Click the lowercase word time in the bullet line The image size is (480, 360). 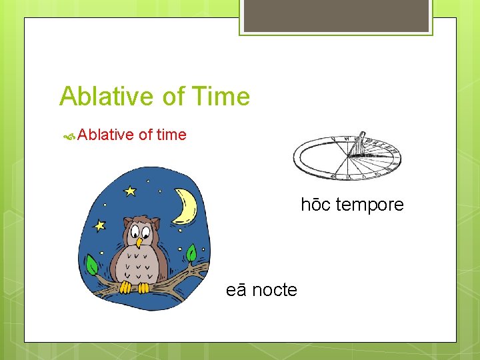point(171,135)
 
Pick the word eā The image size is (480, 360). point(236,290)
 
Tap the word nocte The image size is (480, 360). point(275,290)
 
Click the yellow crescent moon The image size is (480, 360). point(185,206)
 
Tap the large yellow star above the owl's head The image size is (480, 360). point(129,191)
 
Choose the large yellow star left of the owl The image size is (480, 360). point(101,225)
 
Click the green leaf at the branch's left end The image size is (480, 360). point(92,267)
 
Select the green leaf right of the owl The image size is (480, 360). point(191,254)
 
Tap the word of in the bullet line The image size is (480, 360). point(146,135)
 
